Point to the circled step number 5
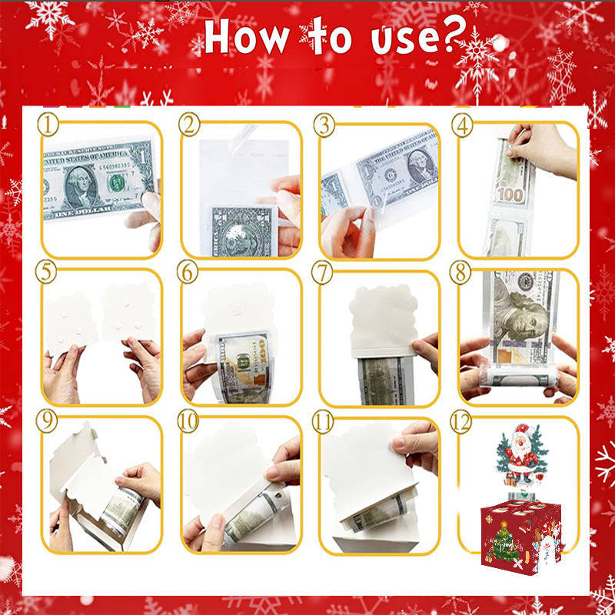pos(50,271)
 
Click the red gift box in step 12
pos(524,530)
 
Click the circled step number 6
pos(189,271)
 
